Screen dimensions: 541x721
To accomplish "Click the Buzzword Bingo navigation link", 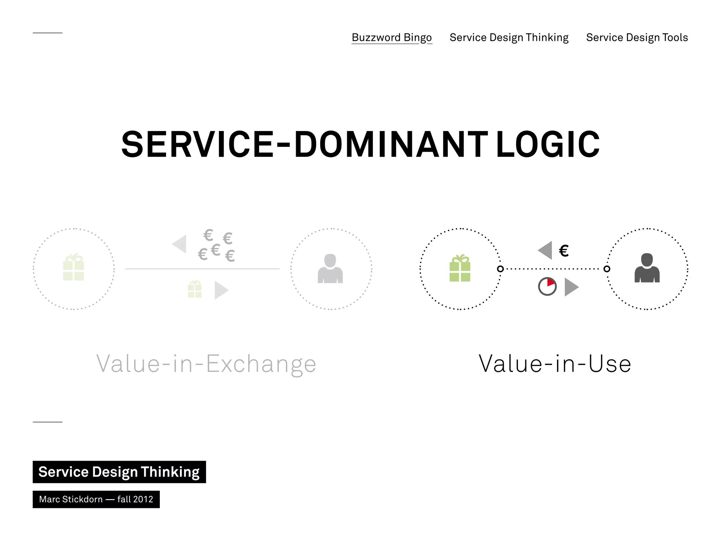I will point(391,37).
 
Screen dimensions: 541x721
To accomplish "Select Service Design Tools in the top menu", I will point(637,37).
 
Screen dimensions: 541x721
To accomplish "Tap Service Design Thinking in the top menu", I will point(509,37).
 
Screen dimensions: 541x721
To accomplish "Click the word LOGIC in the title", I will point(547,144).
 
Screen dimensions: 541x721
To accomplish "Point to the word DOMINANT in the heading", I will point(391,144).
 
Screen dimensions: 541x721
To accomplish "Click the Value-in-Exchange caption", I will point(206,364).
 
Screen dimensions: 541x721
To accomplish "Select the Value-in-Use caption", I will point(555,364).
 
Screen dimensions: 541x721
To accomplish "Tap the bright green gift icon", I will point(460,268).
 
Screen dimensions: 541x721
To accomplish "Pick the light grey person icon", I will point(330,269).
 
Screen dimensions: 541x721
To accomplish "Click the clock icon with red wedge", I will point(547,286).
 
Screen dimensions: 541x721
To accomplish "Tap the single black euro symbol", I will point(564,251).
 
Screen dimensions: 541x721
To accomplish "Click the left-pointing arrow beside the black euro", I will point(545,250).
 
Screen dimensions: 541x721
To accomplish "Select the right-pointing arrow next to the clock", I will point(571,287).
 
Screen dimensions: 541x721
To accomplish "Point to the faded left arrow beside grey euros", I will point(180,244).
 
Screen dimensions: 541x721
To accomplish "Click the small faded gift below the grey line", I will point(195,289).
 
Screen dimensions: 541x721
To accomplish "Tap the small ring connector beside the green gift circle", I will point(500,269).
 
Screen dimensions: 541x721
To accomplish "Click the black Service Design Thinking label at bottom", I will point(119,472).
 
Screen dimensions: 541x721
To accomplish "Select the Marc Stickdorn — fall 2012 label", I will point(96,499).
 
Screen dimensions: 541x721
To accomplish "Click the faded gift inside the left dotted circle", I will point(74,267).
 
